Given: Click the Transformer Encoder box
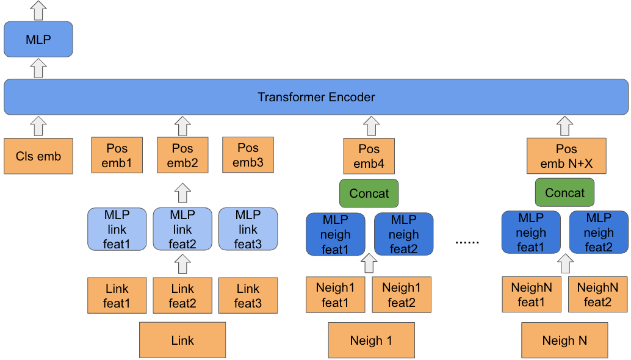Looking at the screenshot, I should point(315,97).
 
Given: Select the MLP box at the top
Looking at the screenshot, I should point(38,40).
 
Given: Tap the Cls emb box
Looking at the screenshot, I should point(38,156).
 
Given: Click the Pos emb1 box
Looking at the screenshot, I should point(117,155).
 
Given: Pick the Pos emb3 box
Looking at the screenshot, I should point(248,155).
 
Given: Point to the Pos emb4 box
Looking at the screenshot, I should point(369,156).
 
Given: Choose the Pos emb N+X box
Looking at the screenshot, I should point(566,156).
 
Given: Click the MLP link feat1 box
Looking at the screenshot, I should point(117,229).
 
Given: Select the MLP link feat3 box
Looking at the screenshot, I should point(248,229).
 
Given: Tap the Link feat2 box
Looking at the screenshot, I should point(182,296).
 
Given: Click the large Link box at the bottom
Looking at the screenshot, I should point(182,340).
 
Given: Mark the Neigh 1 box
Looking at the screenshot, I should point(371,340).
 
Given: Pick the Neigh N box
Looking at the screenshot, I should point(564,340).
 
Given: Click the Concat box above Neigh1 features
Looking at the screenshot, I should point(369,193).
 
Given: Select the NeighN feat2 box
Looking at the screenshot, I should point(598,295).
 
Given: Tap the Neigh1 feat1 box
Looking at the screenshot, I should point(335,295).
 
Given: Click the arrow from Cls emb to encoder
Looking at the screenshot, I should point(38,126).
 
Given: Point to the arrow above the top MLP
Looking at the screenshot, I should point(38,10).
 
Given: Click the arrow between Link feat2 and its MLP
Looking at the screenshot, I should point(182,264).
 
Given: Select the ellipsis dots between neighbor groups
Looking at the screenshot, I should point(467,242).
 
